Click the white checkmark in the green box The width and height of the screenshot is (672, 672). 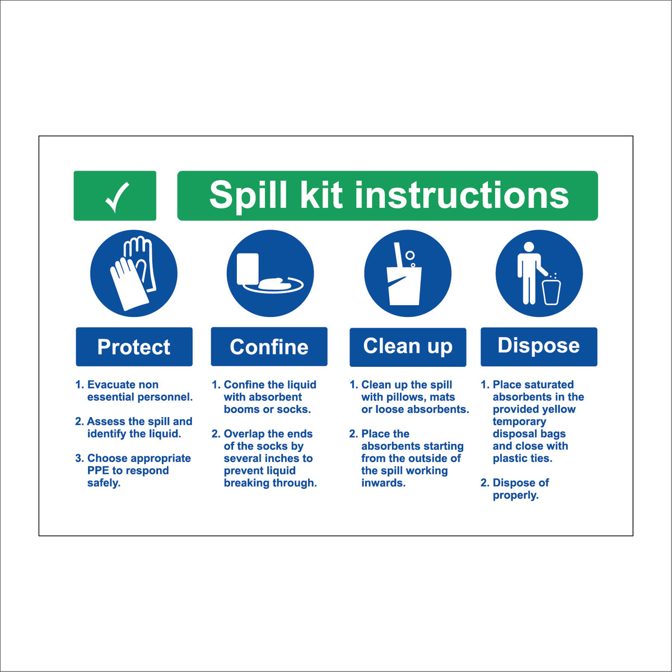pos(117,197)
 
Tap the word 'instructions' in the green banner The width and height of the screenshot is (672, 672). pos(462,195)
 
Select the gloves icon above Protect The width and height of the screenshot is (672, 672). pos(133,273)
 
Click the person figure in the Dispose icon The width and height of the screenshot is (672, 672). pos(529,272)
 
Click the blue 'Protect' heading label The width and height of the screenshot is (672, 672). pos(134,347)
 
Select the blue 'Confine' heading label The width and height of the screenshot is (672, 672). pos(269,347)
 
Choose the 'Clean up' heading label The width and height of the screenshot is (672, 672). pos(408,347)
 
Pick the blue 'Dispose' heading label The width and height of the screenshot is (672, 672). pos(539,346)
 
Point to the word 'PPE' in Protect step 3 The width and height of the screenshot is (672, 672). pos(98,470)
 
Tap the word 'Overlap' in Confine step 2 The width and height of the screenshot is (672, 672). pos(244,434)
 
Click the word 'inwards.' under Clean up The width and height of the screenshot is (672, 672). pos(383,483)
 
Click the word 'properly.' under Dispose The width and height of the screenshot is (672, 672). pos(515,495)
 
